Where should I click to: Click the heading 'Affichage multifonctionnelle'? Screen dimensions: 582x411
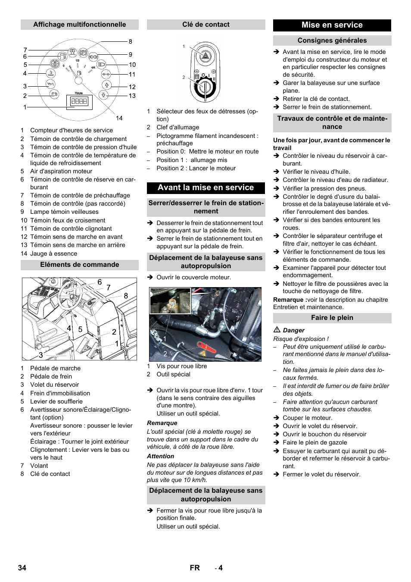coord(80,25)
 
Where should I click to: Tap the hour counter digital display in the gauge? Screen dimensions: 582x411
coord(79,102)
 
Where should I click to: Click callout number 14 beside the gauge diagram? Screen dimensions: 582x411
coord(119,118)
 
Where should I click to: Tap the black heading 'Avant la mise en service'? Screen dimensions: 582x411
coord(206,188)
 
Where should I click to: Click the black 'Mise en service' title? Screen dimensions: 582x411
coord(332,25)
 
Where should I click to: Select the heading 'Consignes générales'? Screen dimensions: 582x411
coord(332,41)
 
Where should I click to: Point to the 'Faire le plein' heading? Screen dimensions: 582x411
coord(332,318)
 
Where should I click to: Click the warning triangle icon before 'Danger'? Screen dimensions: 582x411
coord(277,330)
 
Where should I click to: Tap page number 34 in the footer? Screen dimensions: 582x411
coord(22,568)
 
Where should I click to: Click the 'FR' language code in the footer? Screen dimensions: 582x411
coord(195,568)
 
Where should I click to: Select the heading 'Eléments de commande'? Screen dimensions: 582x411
coord(80,265)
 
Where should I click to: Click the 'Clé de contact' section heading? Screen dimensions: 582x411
coord(206,25)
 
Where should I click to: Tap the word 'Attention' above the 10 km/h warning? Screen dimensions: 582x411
coord(161,456)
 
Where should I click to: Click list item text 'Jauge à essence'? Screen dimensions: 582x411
coord(53,253)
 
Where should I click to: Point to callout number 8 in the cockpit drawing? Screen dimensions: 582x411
coord(126,296)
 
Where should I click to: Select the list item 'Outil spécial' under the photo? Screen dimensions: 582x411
coord(173,374)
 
